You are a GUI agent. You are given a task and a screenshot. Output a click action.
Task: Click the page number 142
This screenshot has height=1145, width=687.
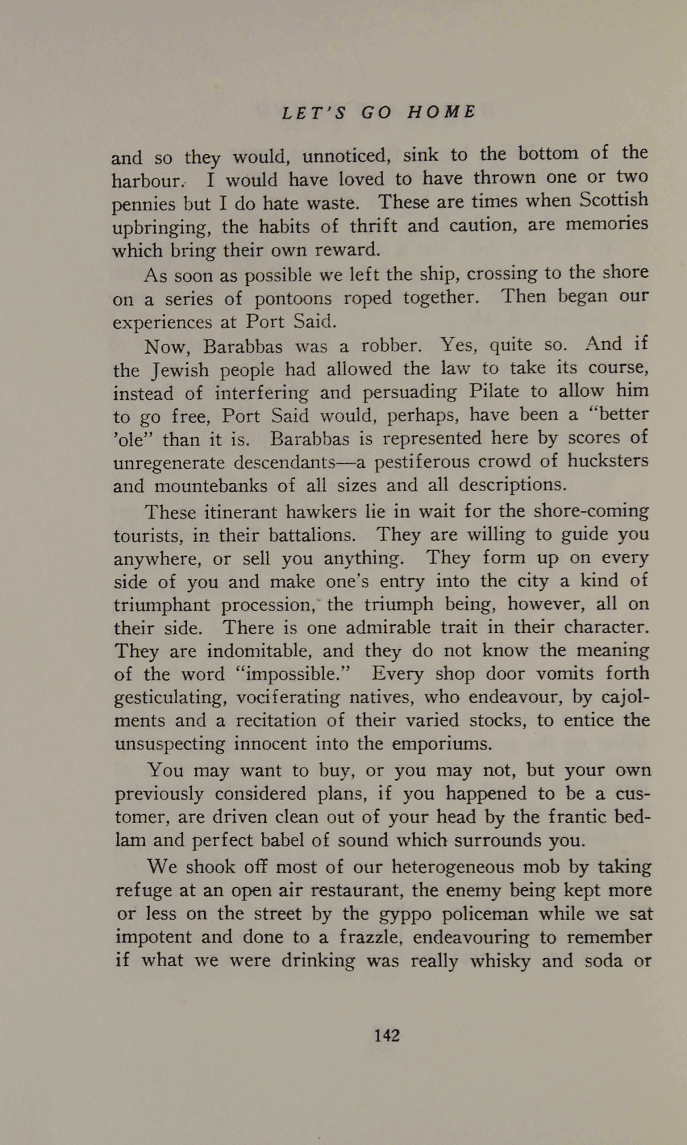pyautogui.click(x=387, y=1035)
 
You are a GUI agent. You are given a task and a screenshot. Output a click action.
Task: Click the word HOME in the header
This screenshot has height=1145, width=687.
pyautogui.click(x=442, y=112)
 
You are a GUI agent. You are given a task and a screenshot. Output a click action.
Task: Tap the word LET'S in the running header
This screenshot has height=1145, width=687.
pyautogui.click(x=314, y=112)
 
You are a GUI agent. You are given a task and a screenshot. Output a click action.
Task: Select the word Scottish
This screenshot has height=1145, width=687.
pyautogui.click(x=614, y=200)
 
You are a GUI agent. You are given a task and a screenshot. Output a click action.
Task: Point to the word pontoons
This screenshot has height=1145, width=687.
pyautogui.click(x=293, y=299)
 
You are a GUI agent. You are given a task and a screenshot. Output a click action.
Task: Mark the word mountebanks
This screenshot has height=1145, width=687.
pyautogui.click(x=210, y=486)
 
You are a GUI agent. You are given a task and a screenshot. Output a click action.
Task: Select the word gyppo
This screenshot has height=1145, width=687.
pyautogui.click(x=405, y=914)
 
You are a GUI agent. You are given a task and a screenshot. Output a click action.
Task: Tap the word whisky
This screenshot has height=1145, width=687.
pyautogui.click(x=500, y=961)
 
